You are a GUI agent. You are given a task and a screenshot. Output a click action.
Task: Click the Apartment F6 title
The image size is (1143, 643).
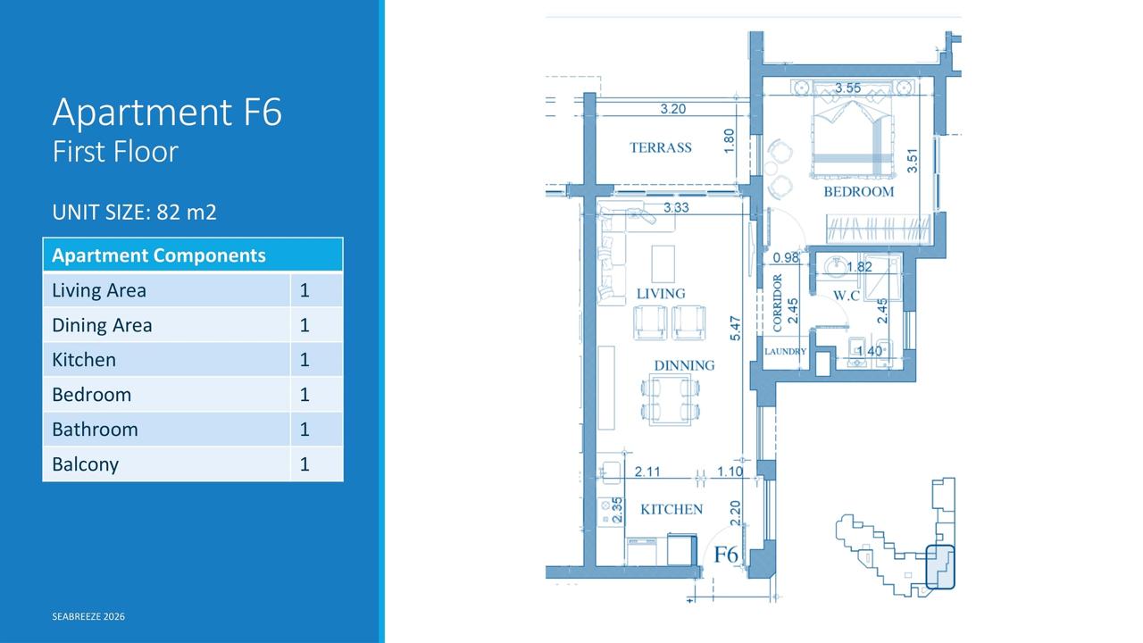(167, 113)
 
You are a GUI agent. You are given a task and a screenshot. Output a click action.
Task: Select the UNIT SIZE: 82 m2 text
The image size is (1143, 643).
(134, 212)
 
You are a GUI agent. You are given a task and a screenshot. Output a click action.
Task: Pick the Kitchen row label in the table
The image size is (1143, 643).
(84, 360)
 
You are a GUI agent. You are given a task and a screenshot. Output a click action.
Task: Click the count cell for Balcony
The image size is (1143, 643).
(305, 463)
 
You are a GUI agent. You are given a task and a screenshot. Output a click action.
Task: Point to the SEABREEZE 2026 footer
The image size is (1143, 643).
(88, 616)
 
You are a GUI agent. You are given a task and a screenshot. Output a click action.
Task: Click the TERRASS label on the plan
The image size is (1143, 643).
(660, 147)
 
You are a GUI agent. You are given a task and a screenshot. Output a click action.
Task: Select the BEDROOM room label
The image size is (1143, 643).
(859, 192)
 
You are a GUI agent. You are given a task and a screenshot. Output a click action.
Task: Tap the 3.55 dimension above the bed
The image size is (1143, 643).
(847, 88)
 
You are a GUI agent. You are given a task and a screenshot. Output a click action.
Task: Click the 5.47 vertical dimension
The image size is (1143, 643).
(735, 329)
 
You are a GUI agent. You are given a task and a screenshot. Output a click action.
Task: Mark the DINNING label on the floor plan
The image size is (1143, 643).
(684, 365)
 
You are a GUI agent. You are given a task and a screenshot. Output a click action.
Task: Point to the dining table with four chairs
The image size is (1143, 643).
(670, 399)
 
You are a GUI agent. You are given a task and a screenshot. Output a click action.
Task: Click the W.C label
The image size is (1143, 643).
(846, 296)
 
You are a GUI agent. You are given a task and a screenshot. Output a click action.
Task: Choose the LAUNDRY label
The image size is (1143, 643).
(785, 352)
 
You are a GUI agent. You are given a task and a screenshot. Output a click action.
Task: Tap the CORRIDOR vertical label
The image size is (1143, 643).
(777, 303)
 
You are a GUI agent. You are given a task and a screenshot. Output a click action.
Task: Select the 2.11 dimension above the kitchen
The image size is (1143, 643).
(647, 472)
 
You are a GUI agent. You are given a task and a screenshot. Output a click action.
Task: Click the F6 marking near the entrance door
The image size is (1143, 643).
(726, 555)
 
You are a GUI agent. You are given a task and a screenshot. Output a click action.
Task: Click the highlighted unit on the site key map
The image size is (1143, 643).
(940, 567)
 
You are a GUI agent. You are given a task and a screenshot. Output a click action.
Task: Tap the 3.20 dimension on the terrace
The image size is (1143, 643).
(672, 109)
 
